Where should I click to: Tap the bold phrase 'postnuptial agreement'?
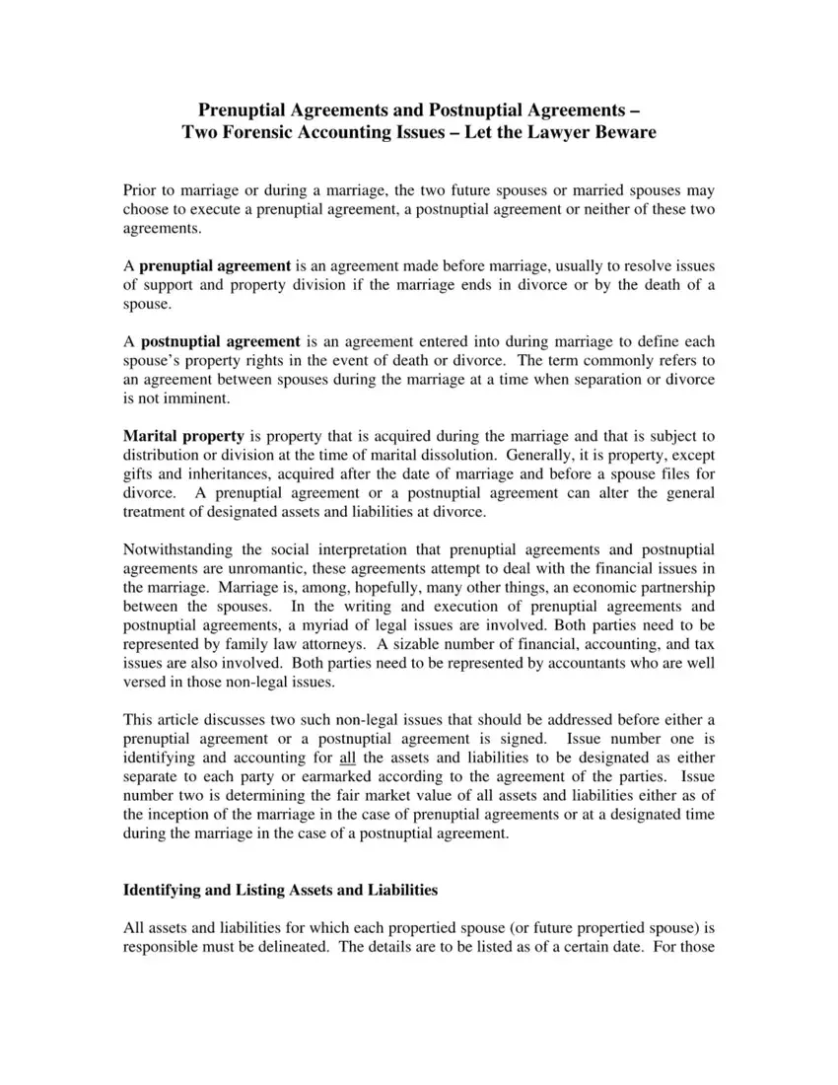[x=220, y=340]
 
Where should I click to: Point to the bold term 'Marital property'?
[x=183, y=435]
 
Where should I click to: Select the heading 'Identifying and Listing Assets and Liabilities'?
[x=280, y=890]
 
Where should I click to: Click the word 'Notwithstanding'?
[x=178, y=548]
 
